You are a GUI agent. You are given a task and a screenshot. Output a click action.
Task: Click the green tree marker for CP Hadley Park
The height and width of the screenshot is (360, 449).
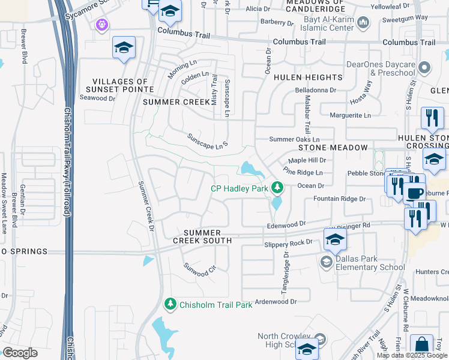tap(277, 188)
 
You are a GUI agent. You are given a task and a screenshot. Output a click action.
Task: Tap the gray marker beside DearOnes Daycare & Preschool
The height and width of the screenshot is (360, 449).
tap(425, 67)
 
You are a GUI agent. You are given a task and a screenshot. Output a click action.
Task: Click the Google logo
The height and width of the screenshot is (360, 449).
tap(19, 353)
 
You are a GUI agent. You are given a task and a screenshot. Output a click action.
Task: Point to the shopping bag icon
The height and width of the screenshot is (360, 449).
tap(422, 346)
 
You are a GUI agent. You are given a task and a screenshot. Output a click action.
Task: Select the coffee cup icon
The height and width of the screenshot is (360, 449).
tap(413, 193)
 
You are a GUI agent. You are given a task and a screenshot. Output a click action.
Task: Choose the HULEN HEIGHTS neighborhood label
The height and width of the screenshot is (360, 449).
tap(308, 77)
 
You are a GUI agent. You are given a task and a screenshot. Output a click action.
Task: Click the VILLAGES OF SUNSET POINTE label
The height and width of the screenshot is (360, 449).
tap(123, 85)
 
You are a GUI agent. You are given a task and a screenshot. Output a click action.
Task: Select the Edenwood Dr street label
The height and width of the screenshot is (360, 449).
tap(286, 226)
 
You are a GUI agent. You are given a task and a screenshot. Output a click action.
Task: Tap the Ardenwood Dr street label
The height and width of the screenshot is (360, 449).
tap(276, 302)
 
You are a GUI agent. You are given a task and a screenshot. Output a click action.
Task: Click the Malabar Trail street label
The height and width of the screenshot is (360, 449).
tap(307, 114)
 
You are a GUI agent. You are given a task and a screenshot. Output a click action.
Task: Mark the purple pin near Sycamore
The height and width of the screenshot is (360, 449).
tap(101, 25)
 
